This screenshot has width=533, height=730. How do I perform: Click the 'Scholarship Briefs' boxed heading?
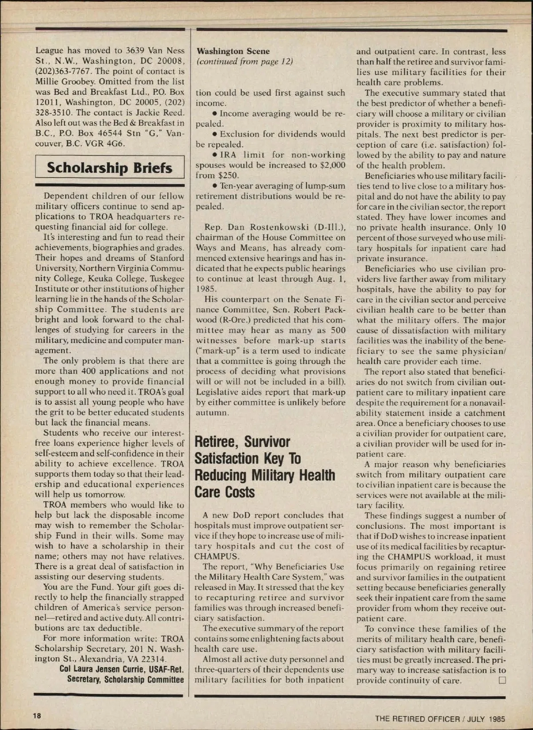click(109, 168)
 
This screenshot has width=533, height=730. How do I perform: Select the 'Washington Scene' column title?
click(233, 51)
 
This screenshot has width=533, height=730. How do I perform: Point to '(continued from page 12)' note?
click(245, 61)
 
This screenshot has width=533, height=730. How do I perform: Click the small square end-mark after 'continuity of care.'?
click(502, 680)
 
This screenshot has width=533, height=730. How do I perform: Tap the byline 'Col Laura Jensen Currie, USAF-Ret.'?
click(122, 669)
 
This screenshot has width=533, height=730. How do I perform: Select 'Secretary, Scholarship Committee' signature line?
click(125, 679)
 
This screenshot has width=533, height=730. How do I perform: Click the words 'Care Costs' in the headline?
click(224, 492)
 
